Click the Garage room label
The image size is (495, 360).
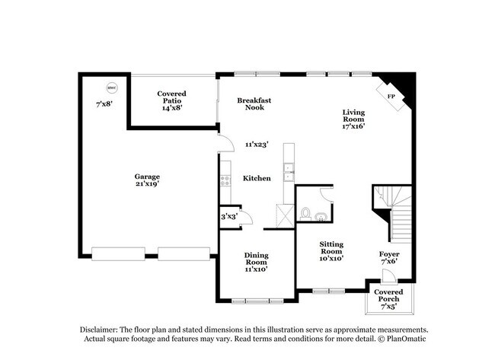point(147,180)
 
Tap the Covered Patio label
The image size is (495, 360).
point(171,100)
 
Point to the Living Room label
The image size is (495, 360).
point(353,120)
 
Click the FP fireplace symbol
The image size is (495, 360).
point(391,97)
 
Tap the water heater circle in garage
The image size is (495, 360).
point(111,87)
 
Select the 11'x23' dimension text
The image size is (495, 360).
point(256,144)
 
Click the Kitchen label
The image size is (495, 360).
point(257,178)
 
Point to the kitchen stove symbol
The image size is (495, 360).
point(225,180)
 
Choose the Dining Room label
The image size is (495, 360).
point(256,262)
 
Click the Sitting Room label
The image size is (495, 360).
point(331,251)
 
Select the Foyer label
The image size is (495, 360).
point(389,258)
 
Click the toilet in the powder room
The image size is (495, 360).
point(305,213)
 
